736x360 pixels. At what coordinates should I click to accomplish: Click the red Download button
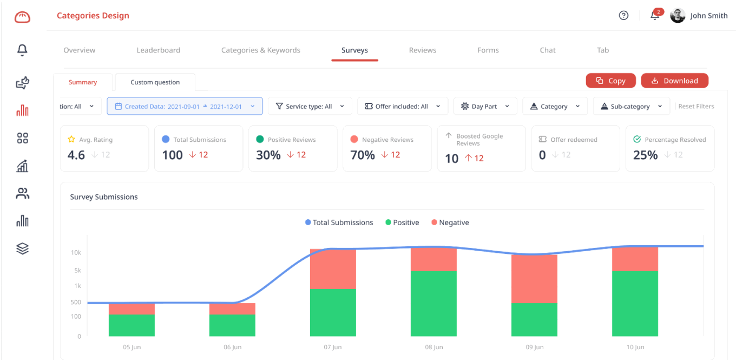click(x=674, y=81)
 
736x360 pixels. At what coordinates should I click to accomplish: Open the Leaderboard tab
click(x=158, y=50)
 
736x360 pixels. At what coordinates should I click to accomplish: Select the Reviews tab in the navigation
click(x=423, y=50)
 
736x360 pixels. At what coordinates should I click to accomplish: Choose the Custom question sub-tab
click(x=155, y=82)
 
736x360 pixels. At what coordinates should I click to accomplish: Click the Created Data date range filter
click(x=185, y=106)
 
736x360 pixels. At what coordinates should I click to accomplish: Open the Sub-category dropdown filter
click(x=631, y=106)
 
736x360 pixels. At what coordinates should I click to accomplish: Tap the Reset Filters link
click(x=696, y=106)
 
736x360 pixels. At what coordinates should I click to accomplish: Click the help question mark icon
click(x=623, y=16)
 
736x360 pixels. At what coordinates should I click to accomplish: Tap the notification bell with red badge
click(x=655, y=16)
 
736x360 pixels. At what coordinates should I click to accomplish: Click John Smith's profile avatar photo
click(x=678, y=16)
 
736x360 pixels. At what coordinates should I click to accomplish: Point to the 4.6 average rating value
click(x=76, y=155)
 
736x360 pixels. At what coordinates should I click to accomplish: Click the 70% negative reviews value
click(x=363, y=155)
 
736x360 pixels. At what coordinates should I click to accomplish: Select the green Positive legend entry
click(x=402, y=222)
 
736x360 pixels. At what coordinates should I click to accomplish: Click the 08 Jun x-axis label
click(x=434, y=347)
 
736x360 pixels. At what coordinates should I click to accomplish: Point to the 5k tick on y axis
click(x=77, y=270)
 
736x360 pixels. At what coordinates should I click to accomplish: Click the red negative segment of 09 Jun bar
click(x=534, y=278)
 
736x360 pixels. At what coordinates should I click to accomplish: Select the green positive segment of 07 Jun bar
click(x=333, y=312)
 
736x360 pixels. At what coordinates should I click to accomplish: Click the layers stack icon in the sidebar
click(x=22, y=248)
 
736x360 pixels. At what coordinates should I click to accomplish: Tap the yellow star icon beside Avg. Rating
click(x=71, y=140)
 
